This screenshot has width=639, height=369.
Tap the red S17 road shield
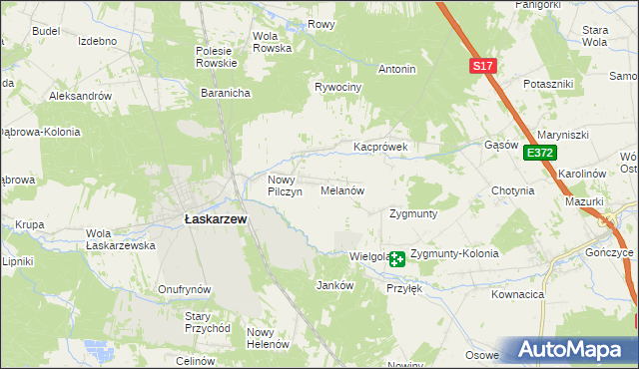[482, 66]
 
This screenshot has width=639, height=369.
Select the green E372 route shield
[539, 153]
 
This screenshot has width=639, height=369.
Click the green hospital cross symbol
[397, 259]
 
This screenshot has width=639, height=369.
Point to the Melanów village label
[341, 189]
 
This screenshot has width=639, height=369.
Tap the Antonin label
[396, 70]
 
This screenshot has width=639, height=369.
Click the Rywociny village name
[337, 88]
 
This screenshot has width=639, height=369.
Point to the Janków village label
[334, 285]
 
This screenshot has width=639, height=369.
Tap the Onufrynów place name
[184, 289]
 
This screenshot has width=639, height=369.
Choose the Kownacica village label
[517, 295]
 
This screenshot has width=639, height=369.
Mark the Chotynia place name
[512, 190]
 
